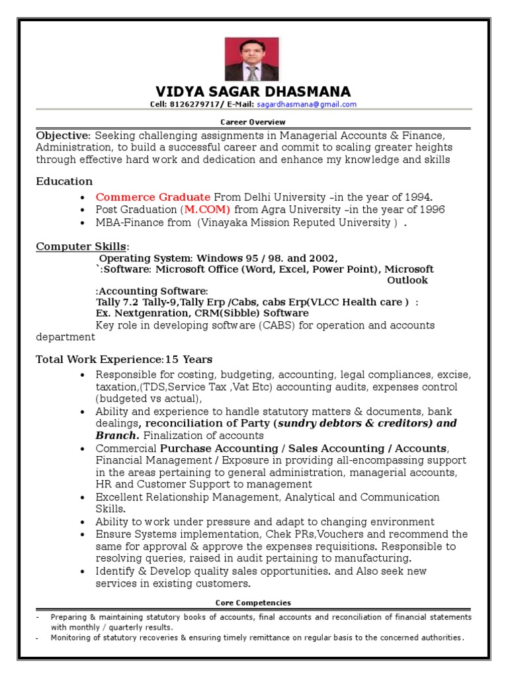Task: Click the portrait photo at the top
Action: [x=252, y=59]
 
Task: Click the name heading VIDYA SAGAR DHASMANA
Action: [x=253, y=91]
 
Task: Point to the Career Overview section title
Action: [x=253, y=122]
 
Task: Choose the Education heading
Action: [x=64, y=181]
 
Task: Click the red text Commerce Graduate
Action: [x=153, y=197]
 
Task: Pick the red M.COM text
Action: [x=207, y=209]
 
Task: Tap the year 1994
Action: [x=418, y=197]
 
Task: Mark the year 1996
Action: [x=431, y=209]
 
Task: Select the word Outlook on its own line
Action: [x=407, y=280]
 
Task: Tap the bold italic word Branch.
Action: [x=117, y=436]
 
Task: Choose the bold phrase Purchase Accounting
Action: [x=212, y=448]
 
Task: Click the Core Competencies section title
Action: [x=253, y=603]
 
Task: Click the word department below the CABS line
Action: [x=65, y=336]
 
